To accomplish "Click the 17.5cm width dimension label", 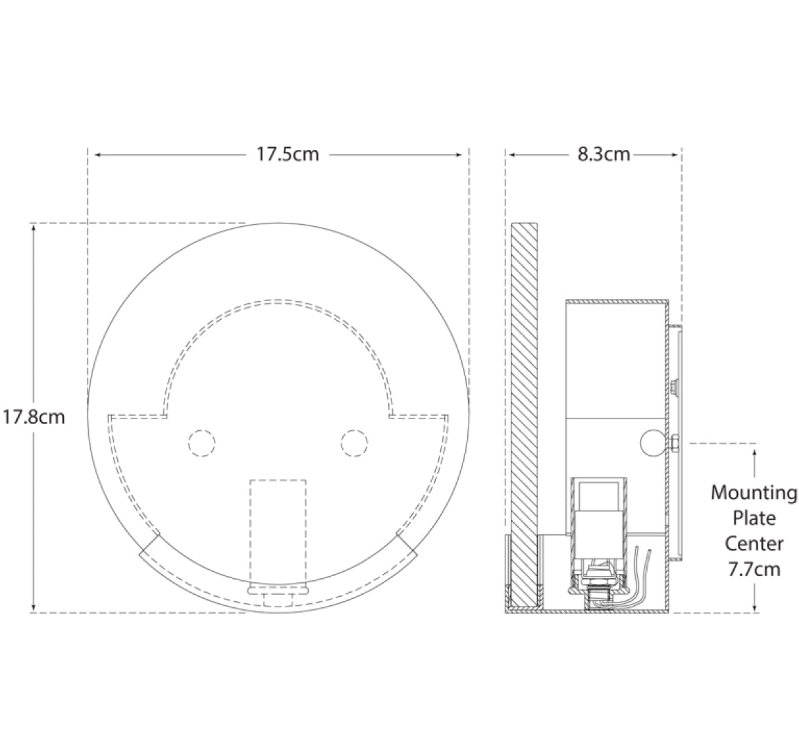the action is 287,154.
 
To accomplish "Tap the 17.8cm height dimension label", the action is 33,416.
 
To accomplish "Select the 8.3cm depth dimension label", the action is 603,154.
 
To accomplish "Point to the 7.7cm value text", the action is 754,569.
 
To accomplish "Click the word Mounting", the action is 754,493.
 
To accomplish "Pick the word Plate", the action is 754,518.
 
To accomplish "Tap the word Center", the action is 754,543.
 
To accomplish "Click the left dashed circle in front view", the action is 202,443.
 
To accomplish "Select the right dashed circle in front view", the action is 354,443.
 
